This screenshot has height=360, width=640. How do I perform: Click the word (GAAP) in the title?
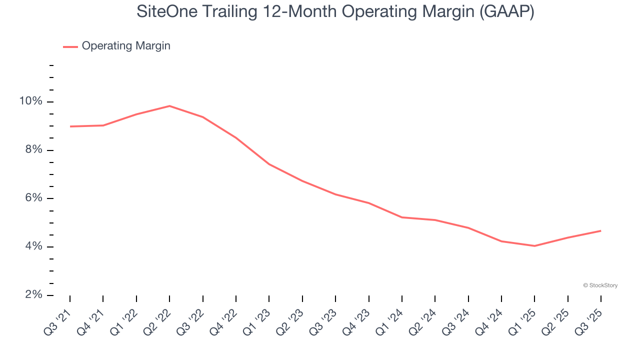point(506,12)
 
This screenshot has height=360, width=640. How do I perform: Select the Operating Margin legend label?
point(126,46)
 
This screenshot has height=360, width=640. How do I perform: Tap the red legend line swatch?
point(70,46)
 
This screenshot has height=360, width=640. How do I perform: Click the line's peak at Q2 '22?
point(169,106)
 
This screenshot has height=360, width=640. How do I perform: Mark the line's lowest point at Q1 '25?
point(534,246)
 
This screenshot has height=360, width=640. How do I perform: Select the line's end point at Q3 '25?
point(600,230)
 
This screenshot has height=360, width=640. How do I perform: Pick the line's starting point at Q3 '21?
point(70,126)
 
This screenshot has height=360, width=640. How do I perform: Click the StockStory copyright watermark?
point(600,285)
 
